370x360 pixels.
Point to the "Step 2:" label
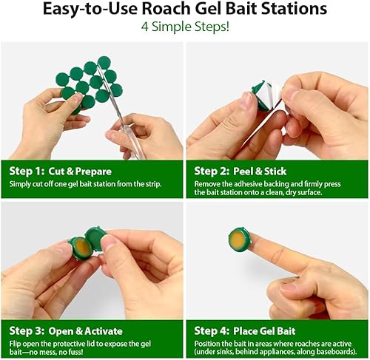[211, 169]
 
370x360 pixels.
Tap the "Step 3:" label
[24, 330]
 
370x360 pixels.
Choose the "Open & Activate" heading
[85, 330]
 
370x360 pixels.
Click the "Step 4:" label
[211, 330]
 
